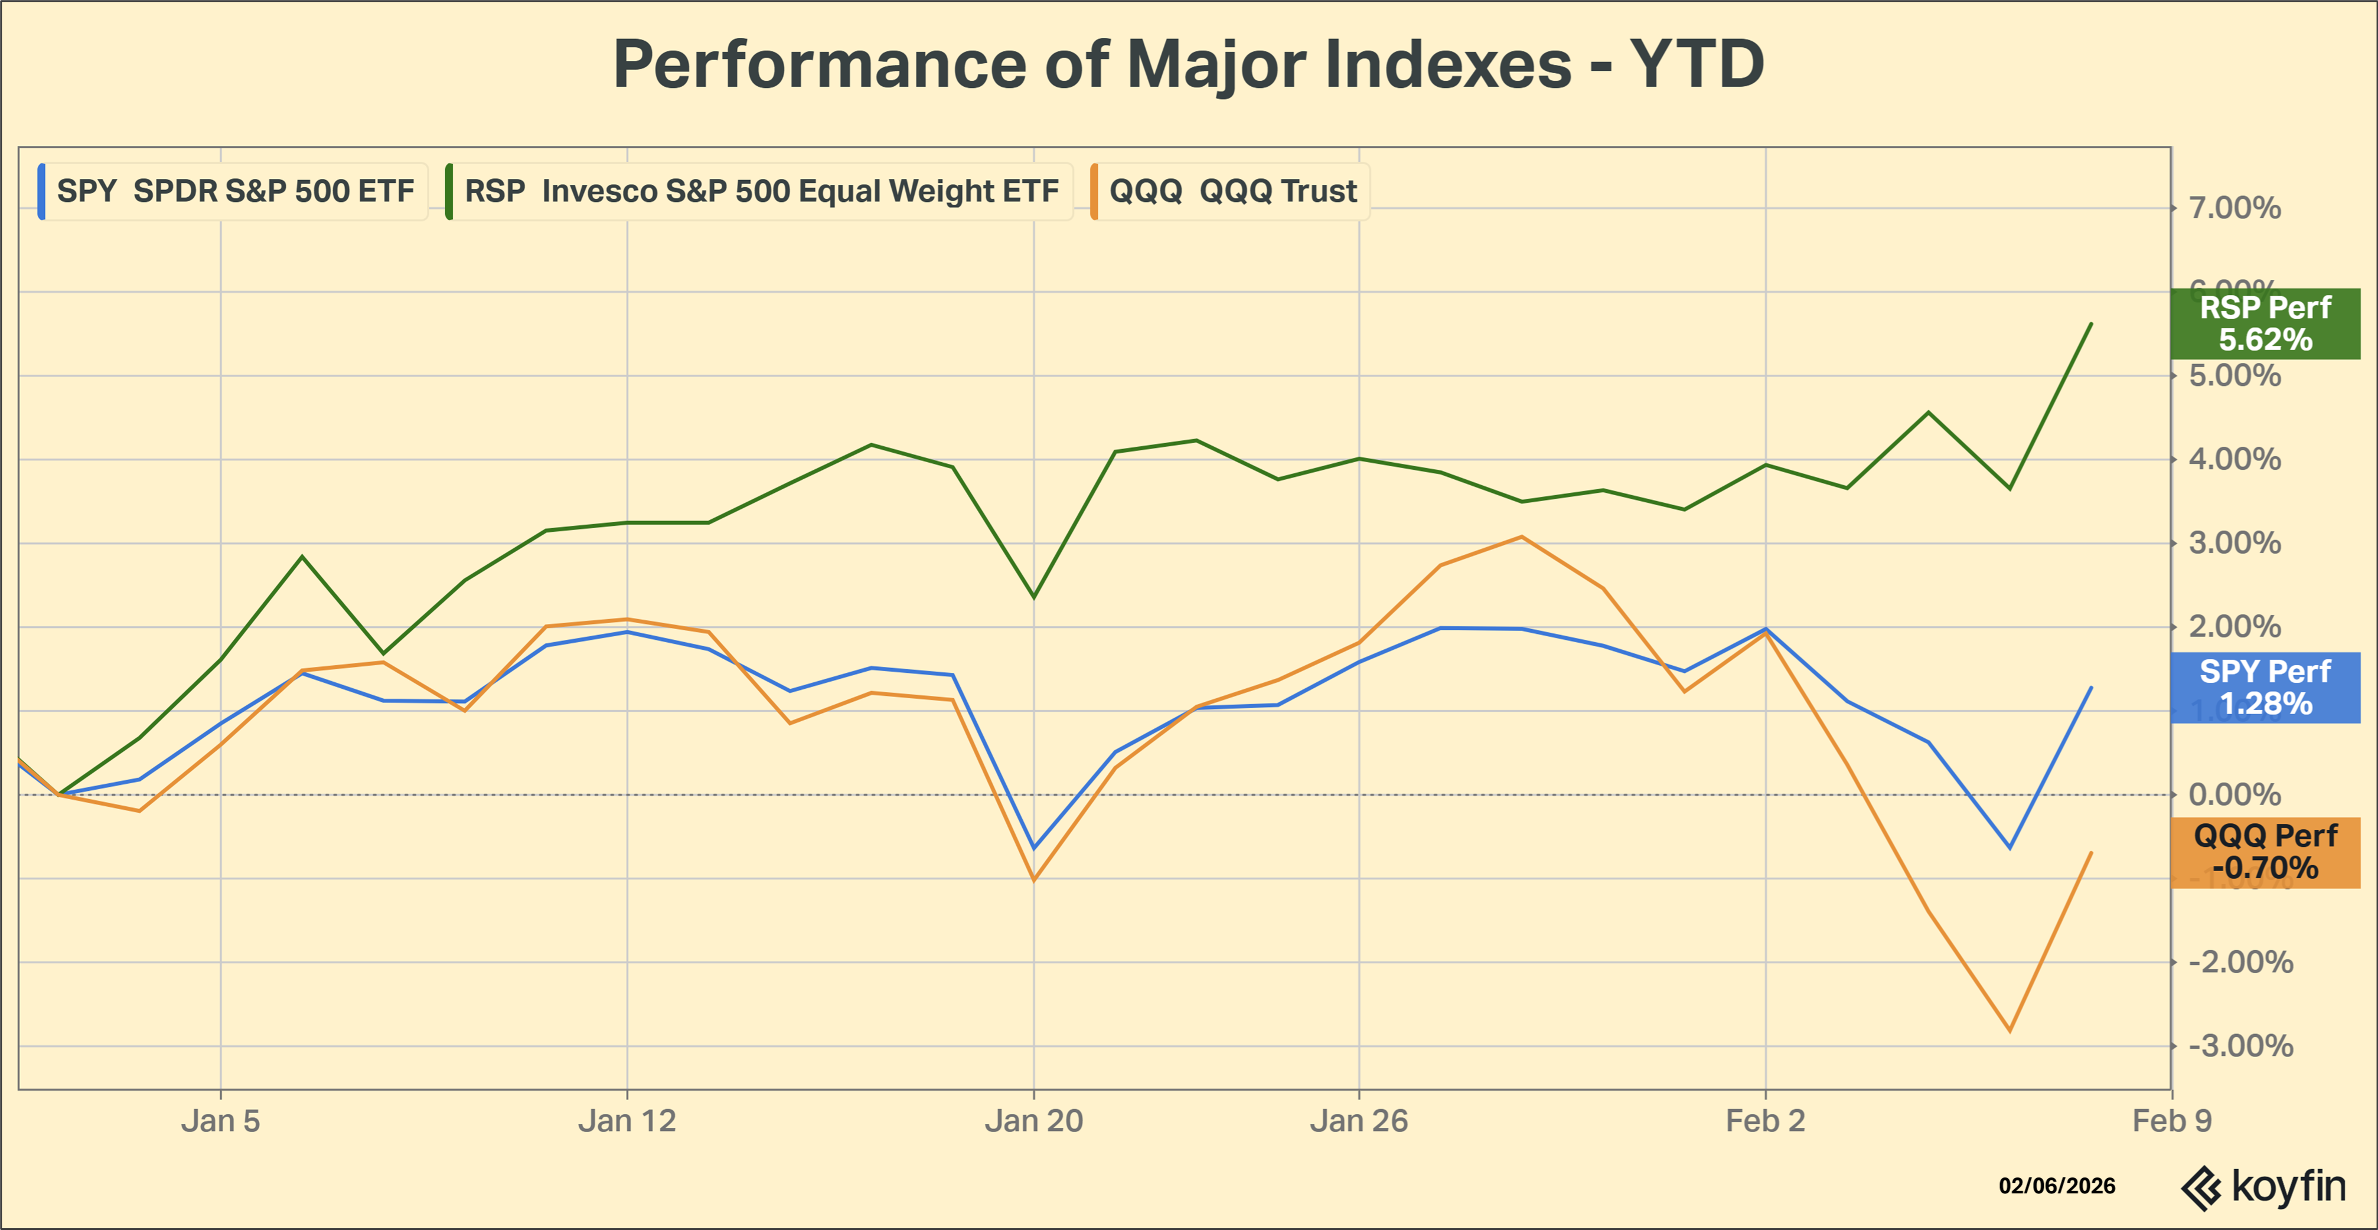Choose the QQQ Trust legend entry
[1231, 191]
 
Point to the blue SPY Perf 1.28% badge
[2265, 688]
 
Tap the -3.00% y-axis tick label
[2240, 1046]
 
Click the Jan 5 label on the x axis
[221, 1121]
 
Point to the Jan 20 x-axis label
[1034, 1121]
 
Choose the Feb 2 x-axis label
[1765, 1121]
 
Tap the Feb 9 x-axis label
[2171, 1121]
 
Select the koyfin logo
[2263, 1188]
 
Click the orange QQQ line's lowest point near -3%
[2010, 1031]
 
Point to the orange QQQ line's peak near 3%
[1521, 537]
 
